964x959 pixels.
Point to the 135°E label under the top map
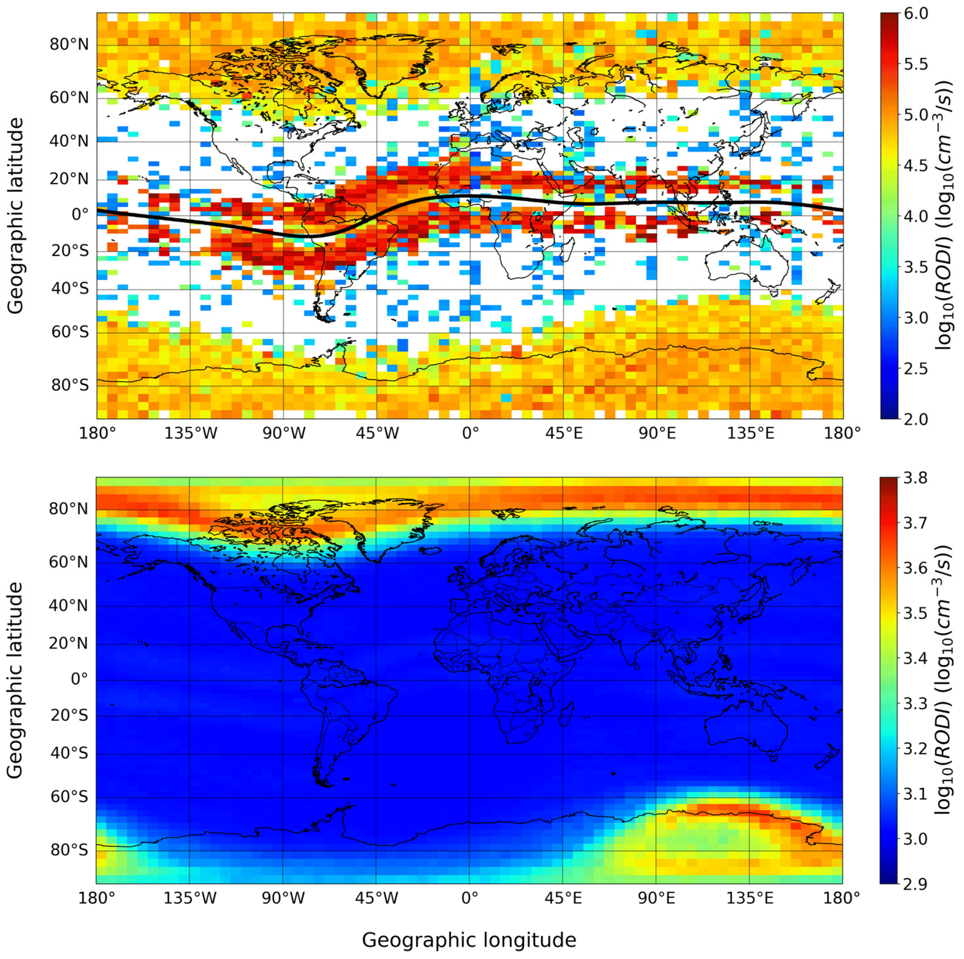pyautogui.click(x=749, y=434)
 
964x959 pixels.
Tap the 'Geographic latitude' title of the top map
pyautogui.click(x=16, y=216)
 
